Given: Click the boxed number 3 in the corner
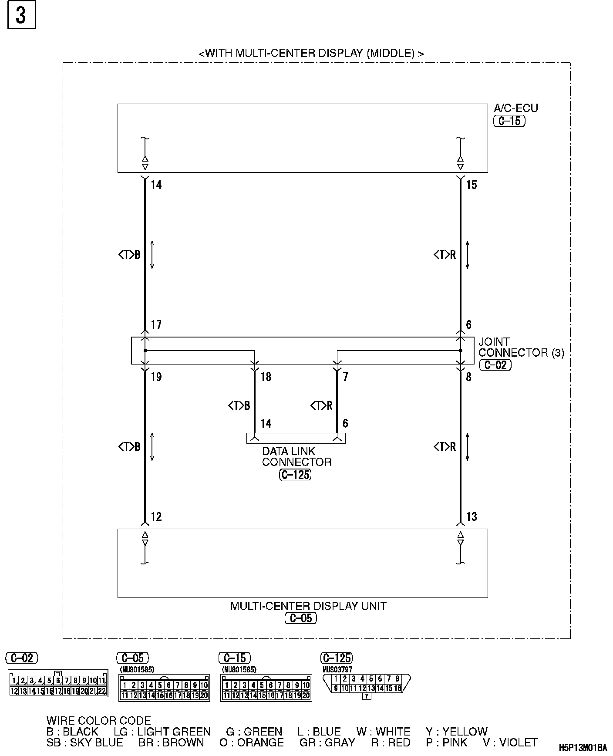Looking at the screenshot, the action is [21, 15].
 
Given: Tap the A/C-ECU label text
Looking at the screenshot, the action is [516, 108].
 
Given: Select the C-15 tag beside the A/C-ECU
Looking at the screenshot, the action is [509, 121].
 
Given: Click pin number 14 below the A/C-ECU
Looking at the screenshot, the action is [156, 185].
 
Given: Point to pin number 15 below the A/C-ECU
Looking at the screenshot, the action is [472, 185].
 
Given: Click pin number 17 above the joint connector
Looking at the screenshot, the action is [156, 325].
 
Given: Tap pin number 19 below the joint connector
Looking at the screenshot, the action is [156, 377].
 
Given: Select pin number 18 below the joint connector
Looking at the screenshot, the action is [266, 377].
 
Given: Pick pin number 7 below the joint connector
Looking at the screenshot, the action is [345, 377].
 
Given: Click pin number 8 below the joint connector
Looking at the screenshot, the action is [468, 377].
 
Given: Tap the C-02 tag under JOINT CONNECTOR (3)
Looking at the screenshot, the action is [495, 365].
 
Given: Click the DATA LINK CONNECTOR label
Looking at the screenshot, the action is [296, 456].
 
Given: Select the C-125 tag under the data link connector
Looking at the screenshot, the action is [295, 475].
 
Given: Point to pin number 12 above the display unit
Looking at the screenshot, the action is [156, 517].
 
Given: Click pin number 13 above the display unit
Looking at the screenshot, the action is [472, 517].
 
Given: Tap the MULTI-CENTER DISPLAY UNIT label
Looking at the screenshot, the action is [308, 606].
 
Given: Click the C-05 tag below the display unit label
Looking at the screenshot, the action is [301, 618].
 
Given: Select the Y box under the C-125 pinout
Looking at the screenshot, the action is [367, 696].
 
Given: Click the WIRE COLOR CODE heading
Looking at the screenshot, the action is [99, 721].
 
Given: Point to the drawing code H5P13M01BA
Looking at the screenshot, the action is [583, 748].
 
